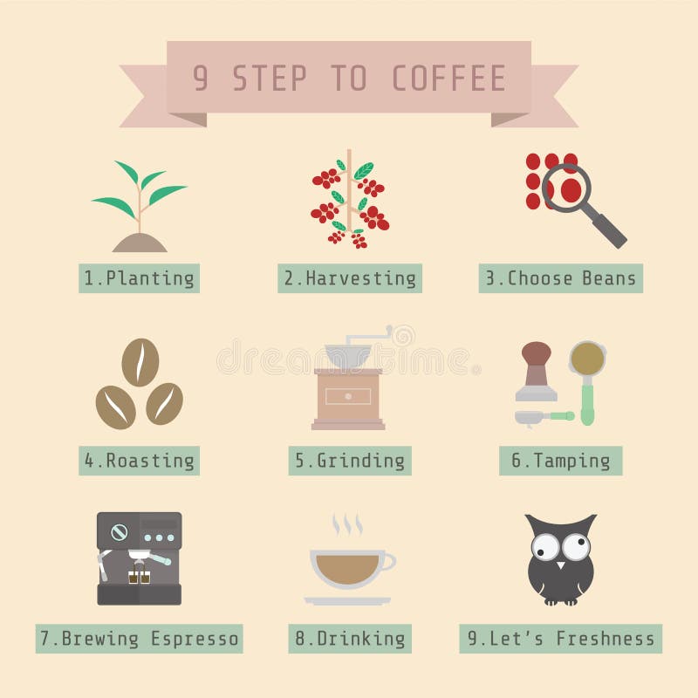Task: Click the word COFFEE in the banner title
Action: pos(448,79)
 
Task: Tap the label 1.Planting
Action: pos(139,278)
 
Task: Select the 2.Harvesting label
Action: pos(349,278)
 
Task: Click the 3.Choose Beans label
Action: pos(560,278)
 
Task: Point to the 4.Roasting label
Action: pos(139,461)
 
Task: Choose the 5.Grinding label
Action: pos(349,461)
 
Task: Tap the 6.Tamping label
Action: pos(560,461)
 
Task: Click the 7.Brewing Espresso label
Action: pos(139,639)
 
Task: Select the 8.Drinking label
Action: pos(349,639)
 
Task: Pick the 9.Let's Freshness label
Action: pos(560,639)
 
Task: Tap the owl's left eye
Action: pos(546,548)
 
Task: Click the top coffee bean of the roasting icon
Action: pos(140,362)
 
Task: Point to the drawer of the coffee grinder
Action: pos(348,396)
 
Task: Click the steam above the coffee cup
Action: pos(346,524)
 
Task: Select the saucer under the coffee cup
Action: pos(347,600)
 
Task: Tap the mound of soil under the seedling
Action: pos(140,243)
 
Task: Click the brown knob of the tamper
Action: pos(536,352)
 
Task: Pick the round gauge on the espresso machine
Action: pos(119,531)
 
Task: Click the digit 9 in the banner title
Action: pos(201,79)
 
